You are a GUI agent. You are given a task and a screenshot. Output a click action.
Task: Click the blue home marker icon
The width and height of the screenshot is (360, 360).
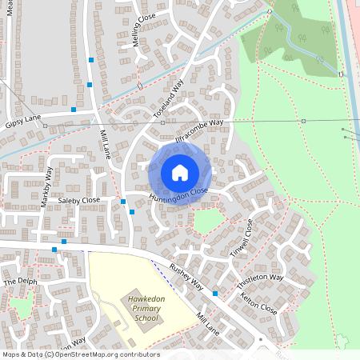click(180, 173)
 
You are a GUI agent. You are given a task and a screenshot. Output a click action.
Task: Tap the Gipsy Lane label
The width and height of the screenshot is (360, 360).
click(22, 120)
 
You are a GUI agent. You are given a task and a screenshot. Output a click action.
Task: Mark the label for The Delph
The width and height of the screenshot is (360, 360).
click(21, 282)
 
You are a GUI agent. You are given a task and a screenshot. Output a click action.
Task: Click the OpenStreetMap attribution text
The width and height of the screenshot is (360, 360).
click(80, 354)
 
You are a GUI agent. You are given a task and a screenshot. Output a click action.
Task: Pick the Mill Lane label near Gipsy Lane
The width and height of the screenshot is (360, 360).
click(103, 144)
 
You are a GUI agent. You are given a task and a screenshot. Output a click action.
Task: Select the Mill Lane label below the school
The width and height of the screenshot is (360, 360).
click(208, 323)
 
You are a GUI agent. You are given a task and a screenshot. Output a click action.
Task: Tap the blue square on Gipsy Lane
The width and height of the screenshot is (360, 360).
click(74, 109)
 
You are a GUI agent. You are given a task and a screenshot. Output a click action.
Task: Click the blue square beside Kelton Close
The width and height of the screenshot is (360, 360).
click(215, 294)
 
